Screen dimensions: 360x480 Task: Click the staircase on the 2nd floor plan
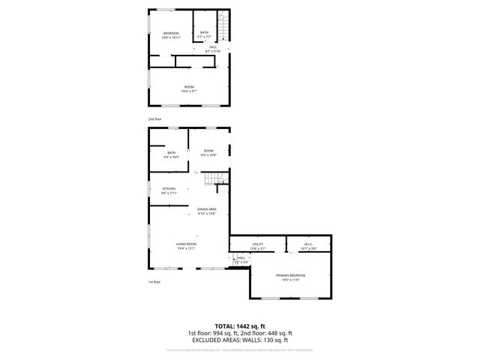tap(222, 22)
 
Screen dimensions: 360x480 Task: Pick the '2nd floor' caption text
tap(154, 119)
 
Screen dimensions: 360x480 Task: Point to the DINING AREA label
tap(207, 211)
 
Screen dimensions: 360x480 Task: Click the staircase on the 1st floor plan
tap(217, 178)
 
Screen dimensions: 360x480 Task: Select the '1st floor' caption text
tap(154, 281)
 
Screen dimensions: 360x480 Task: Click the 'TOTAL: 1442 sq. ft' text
tap(240, 325)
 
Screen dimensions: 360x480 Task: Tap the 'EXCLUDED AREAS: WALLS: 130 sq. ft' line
tap(240, 340)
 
